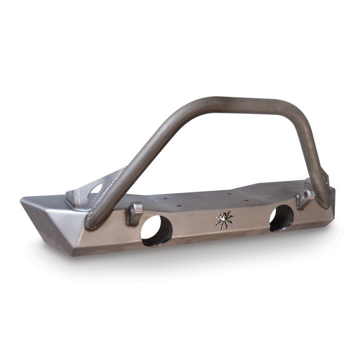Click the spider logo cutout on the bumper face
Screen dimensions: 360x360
pyautogui.click(x=224, y=220)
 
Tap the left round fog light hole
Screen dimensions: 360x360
pyautogui.click(x=157, y=230)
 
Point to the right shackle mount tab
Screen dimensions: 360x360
pyautogui.click(x=305, y=199)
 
